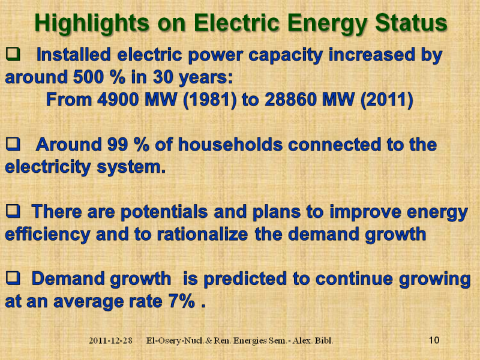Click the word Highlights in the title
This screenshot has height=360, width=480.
coord(92,23)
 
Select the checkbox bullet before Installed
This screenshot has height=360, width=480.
coord(13,54)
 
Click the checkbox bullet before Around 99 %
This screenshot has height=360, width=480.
coord(13,144)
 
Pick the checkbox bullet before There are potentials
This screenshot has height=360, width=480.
coord(13,211)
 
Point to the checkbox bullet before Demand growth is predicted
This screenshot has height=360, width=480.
coord(13,278)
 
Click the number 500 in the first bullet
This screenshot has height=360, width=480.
coord(89,77)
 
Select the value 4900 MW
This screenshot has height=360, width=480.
coord(137,100)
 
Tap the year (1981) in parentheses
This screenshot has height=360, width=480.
coord(209,100)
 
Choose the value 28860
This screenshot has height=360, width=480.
coord(290,100)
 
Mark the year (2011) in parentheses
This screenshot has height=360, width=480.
coord(387,100)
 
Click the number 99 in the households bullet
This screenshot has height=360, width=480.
coord(118,145)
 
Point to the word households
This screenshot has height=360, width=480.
coord(230,144)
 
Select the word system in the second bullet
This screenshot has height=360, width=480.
coord(131,167)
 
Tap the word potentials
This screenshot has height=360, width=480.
coord(164,212)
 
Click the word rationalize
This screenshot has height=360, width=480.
coord(202,234)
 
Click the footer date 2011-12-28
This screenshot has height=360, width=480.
coord(110,340)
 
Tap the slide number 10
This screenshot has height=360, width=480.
coord(434,340)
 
